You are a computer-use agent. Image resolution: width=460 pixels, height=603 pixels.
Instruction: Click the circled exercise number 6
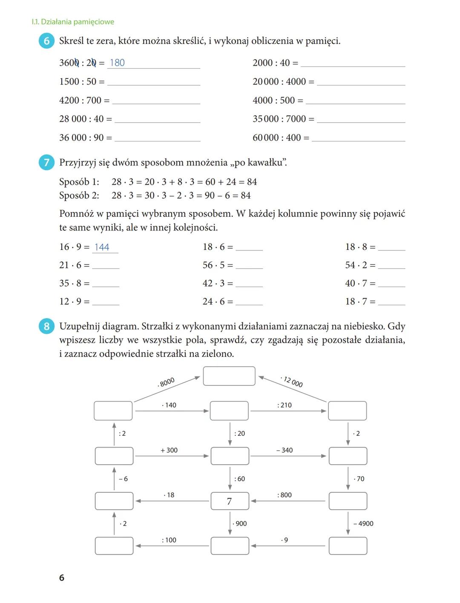click(46, 41)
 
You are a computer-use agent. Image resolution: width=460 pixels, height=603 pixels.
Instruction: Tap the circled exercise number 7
click(46, 163)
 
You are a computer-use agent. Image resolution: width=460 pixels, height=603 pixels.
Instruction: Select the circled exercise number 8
click(46, 327)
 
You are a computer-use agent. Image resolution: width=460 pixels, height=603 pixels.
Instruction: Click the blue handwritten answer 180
click(117, 63)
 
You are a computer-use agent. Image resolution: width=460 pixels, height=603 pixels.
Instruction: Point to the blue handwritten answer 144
click(102, 247)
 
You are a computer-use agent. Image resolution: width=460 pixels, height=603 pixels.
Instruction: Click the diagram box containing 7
click(230, 501)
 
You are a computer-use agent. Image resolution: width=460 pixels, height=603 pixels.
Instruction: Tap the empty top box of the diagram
click(229, 376)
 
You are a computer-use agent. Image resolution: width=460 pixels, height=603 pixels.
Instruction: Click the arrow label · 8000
click(166, 382)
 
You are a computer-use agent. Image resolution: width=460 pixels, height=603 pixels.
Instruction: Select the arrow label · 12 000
click(292, 381)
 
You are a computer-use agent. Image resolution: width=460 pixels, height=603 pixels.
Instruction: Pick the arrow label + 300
click(169, 450)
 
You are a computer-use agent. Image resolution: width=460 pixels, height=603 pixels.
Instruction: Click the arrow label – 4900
click(363, 523)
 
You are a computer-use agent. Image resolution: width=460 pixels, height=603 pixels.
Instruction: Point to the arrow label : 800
click(285, 495)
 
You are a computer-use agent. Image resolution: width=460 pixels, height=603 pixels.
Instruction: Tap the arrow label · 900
click(240, 523)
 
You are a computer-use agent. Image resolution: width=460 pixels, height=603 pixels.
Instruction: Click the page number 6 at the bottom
click(62, 577)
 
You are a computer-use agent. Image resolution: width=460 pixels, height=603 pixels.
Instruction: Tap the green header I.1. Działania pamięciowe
click(73, 22)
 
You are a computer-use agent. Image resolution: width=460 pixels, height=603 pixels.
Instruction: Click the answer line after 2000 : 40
click(353, 64)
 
